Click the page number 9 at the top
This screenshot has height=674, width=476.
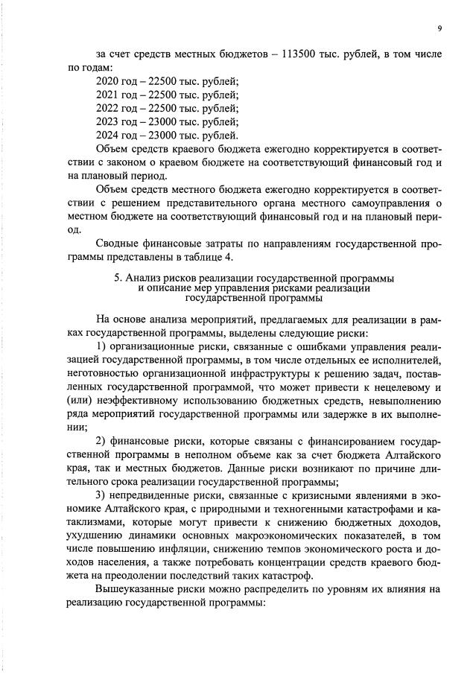pos(439,28)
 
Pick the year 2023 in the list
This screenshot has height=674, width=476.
pos(109,121)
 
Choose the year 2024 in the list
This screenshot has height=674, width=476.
pos(109,135)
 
